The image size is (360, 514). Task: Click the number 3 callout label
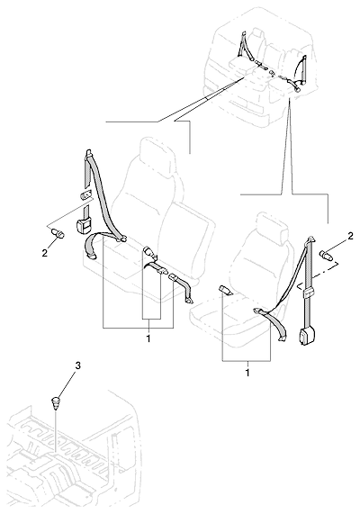pyautogui.click(x=77, y=365)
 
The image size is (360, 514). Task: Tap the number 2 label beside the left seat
pyautogui.click(x=45, y=253)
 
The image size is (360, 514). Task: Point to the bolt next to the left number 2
pyautogui.click(x=58, y=234)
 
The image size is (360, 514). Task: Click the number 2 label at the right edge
pyautogui.click(x=350, y=236)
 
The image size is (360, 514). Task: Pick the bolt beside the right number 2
pyautogui.click(x=326, y=254)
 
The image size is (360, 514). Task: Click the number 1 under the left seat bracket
pyautogui.click(x=148, y=338)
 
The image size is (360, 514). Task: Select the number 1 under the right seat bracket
pyautogui.click(x=247, y=373)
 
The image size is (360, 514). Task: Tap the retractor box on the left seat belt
pyautogui.click(x=84, y=226)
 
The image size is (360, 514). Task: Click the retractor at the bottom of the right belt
pyautogui.click(x=306, y=337)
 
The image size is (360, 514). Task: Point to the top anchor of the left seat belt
pyautogui.click(x=88, y=154)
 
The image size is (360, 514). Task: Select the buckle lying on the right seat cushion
pyautogui.click(x=226, y=291)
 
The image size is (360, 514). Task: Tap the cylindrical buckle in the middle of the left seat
pyautogui.click(x=149, y=252)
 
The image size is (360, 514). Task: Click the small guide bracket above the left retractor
pyautogui.click(x=85, y=195)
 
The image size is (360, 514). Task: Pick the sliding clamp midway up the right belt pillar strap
pyautogui.click(x=308, y=293)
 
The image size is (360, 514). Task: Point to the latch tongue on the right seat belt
pyautogui.click(x=257, y=310)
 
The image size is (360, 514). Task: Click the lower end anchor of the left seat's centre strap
pyautogui.click(x=190, y=300)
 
